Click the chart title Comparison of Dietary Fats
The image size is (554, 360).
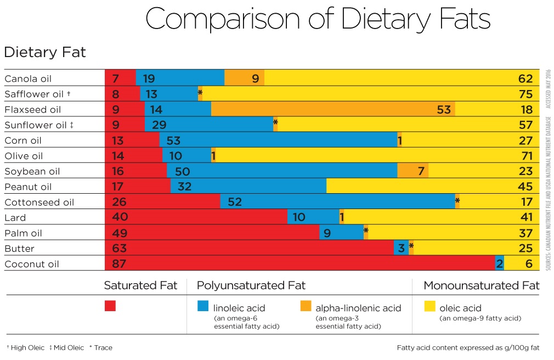318,20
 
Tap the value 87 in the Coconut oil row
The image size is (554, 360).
120,263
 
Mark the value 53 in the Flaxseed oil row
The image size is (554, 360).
444,109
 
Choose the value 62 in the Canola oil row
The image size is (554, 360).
525,78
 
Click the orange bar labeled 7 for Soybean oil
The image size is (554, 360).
412,171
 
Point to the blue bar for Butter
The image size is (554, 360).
401,248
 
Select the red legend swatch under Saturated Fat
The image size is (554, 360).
110,306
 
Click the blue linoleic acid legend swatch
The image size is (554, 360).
203,306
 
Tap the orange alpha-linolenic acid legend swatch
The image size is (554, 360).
306,306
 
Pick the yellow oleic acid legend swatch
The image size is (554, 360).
429,306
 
